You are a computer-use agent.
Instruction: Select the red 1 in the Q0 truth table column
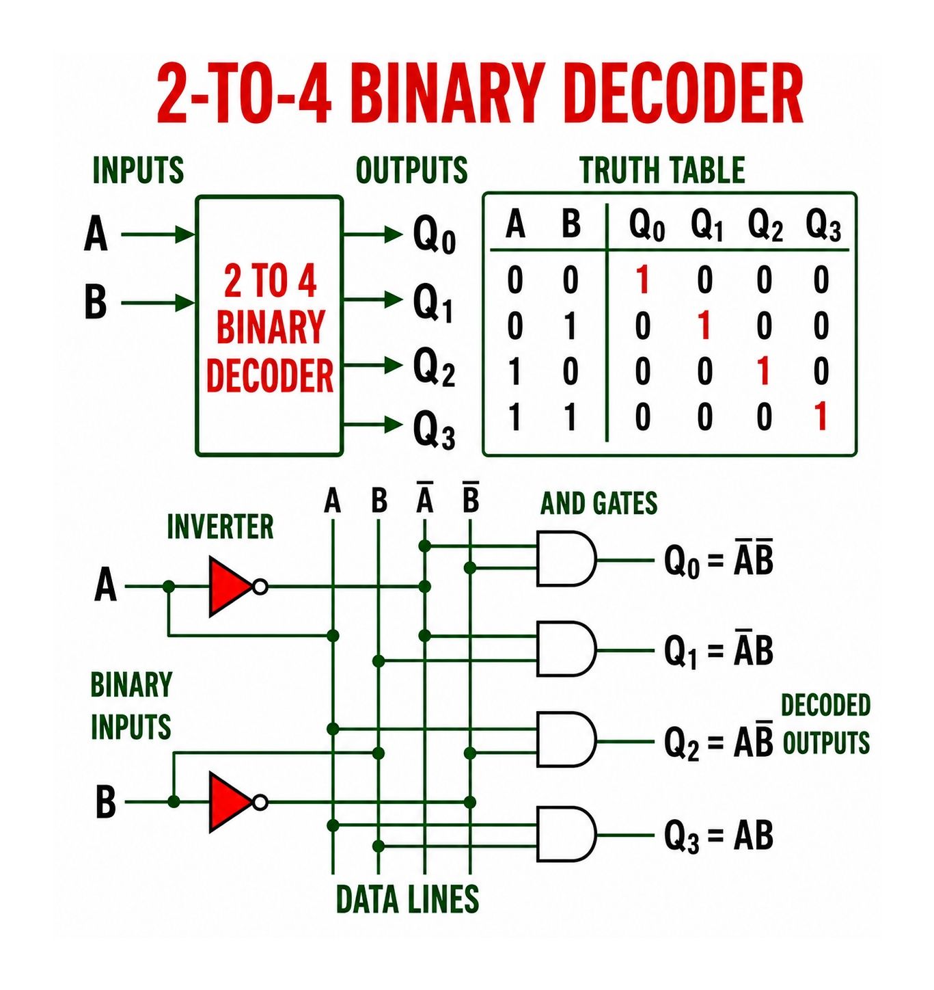[643, 280]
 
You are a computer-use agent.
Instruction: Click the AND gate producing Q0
[566, 558]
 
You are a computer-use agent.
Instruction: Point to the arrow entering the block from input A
[158, 234]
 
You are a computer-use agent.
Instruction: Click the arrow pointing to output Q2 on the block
[373, 365]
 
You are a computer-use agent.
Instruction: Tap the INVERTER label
[220, 526]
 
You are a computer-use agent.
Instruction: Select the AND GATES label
[599, 503]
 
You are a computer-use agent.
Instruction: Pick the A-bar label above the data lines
[424, 497]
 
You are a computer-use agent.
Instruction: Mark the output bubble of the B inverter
[260, 803]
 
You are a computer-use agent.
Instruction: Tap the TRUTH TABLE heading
[663, 170]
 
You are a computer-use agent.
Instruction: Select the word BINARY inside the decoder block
[271, 328]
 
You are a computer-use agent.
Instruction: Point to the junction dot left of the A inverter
[169, 586]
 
